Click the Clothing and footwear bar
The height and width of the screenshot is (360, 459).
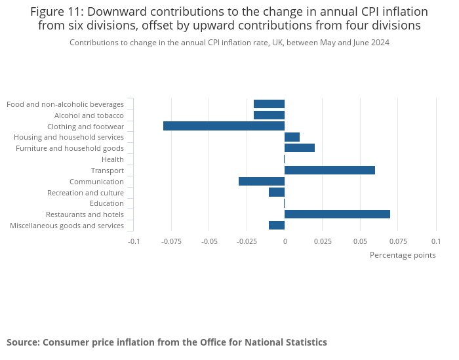pyautogui.click(x=224, y=126)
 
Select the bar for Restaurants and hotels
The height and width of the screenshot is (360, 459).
pyautogui.click(x=337, y=214)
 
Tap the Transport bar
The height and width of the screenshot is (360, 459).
pyautogui.click(x=330, y=170)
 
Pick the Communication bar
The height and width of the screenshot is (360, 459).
pyautogui.click(x=262, y=182)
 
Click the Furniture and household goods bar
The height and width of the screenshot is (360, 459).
pyautogui.click(x=300, y=148)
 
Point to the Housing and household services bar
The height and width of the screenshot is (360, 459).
pyautogui.click(x=292, y=137)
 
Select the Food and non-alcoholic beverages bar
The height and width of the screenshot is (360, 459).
pyautogui.click(x=269, y=104)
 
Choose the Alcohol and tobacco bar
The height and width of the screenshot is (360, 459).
pyautogui.click(x=269, y=115)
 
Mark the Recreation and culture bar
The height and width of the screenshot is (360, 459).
pyautogui.click(x=277, y=193)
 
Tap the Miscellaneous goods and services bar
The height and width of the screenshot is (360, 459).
pyautogui.click(x=277, y=226)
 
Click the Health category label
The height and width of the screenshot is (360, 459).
pyautogui.click(x=113, y=159)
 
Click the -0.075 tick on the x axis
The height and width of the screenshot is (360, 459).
pyautogui.click(x=171, y=241)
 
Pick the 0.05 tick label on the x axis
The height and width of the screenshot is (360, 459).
pyautogui.click(x=360, y=241)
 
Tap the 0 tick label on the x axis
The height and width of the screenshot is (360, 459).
pyautogui.click(x=285, y=241)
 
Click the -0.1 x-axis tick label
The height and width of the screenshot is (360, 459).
pyautogui.click(x=133, y=241)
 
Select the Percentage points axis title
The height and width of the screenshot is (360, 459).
pyautogui.click(x=403, y=255)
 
